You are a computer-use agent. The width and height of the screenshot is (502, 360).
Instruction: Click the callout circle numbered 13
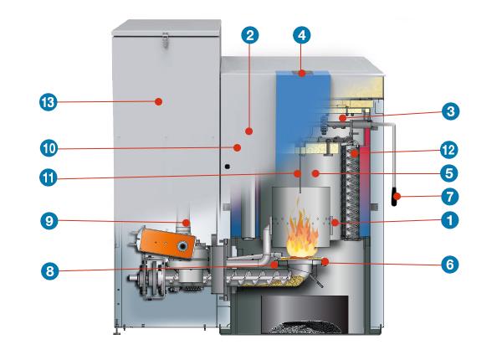click(49, 102)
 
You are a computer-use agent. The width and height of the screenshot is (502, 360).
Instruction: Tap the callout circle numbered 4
click(302, 36)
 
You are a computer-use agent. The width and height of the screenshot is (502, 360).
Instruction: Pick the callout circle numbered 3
click(449, 111)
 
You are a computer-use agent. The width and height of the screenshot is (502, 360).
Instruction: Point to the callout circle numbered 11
click(49, 177)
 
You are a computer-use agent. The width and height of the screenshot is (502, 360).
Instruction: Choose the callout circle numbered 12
click(449, 151)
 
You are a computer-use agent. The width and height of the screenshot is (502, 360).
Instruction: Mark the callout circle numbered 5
click(449, 173)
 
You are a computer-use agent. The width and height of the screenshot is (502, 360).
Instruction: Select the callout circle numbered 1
click(449, 222)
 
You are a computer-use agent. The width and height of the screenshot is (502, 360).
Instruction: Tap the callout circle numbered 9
click(49, 223)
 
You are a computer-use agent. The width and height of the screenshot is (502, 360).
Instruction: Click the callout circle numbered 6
click(449, 260)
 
